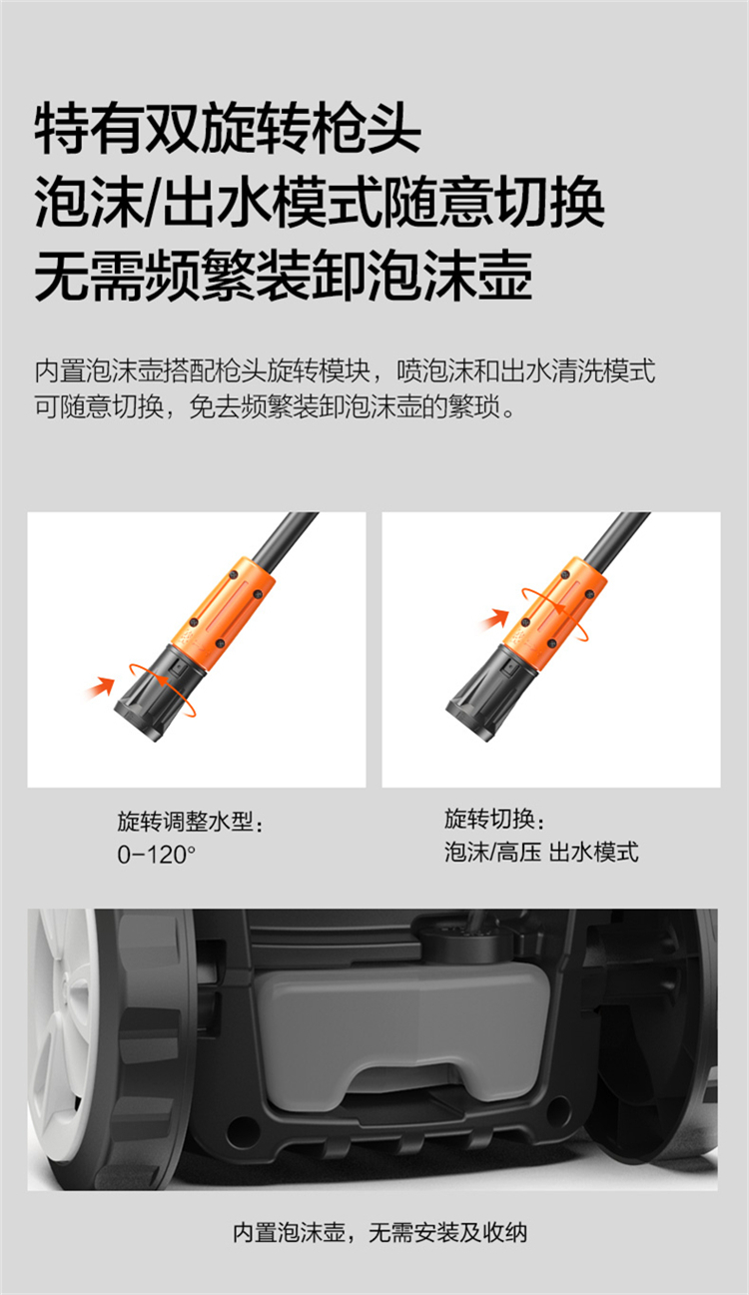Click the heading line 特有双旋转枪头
pos(228,128)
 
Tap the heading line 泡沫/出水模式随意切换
pos(320,203)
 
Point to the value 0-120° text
pos(156,855)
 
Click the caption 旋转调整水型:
pos(190,822)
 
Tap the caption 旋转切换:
pos(494,819)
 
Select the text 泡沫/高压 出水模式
pos(541,852)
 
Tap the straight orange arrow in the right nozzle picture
pos(494,620)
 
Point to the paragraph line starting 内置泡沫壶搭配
pos(345,371)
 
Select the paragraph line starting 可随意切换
pos(275,407)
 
